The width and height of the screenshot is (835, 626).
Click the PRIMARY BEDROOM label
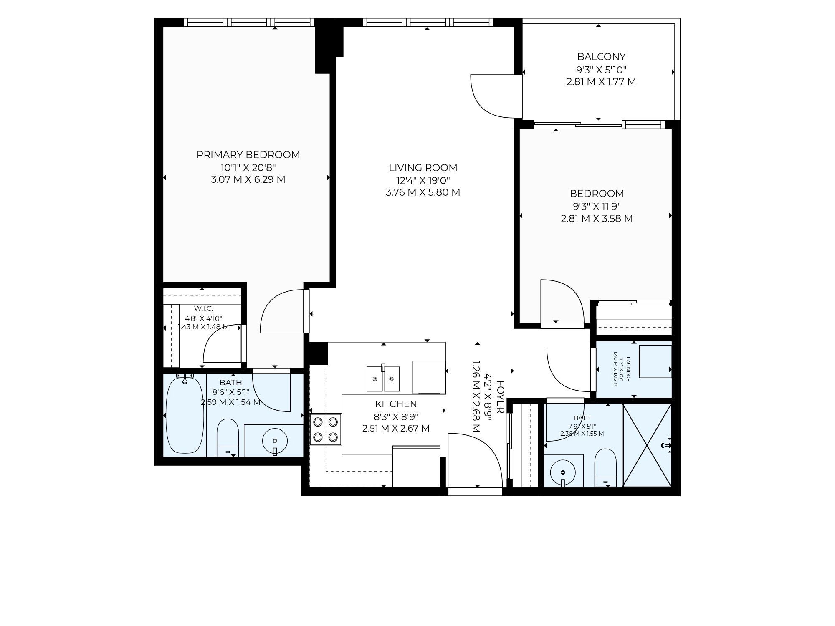(x=248, y=155)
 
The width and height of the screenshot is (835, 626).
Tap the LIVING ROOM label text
(x=423, y=168)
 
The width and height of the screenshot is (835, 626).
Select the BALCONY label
(x=601, y=56)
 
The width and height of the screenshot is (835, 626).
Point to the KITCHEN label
(x=396, y=404)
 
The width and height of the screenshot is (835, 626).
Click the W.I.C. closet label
(x=203, y=308)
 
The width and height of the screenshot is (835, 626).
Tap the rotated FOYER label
(x=501, y=397)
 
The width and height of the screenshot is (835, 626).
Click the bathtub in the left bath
(x=185, y=415)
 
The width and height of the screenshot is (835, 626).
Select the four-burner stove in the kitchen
(x=326, y=429)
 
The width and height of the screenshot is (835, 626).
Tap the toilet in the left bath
(x=228, y=437)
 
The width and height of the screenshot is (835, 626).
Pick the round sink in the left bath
(x=275, y=441)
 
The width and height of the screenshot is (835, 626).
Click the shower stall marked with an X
(x=647, y=445)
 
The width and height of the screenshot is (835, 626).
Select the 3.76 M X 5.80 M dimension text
(x=423, y=192)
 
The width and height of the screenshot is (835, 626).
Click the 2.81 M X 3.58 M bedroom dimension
(x=597, y=219)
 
